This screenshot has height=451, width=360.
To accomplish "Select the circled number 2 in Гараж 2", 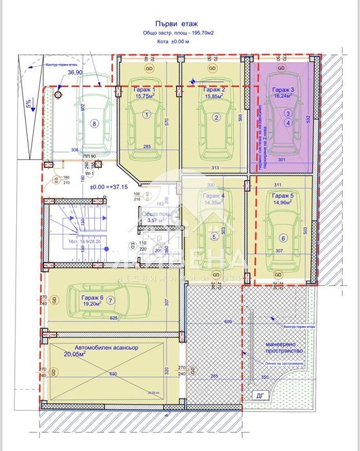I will click(x=217, y=117).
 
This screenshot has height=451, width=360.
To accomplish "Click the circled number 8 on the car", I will click(x=94, y=125).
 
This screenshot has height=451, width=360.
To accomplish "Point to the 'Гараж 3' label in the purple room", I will click(x=283, y=90).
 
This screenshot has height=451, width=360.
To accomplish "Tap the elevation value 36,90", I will click(x=75, y=74).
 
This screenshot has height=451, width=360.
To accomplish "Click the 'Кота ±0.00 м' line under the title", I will click(x=179, y=42).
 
